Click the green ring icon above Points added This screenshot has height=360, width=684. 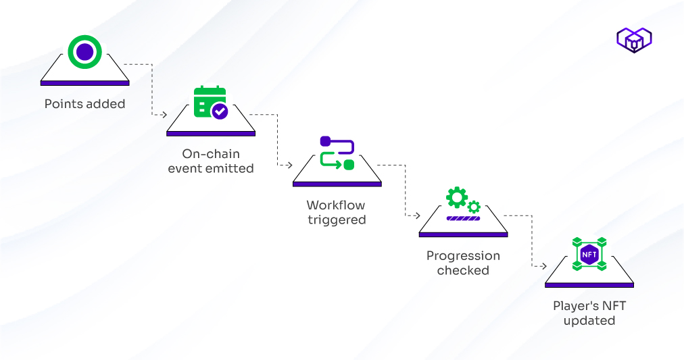[x=84, y=52]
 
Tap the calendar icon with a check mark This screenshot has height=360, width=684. [x=210, y=102]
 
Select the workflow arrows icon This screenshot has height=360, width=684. [x=337, y=153]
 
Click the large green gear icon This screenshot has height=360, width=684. [x=457, y=197]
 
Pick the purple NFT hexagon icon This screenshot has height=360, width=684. [x=589, y=255]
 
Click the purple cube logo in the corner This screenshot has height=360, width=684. [x=633, y=41]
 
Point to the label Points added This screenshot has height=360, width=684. [x=84, y=104]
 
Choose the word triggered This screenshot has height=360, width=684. [x=337, y=220]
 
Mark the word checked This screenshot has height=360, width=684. [x=463, y=270]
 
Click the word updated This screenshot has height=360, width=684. [x=589, y=320]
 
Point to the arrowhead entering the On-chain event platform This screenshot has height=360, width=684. [x=163, y=115]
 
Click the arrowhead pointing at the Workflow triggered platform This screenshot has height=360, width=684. [x=289, y=165]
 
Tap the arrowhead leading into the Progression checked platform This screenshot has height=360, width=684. [x=415, y=216]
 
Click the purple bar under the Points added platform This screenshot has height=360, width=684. [x=84, y=83]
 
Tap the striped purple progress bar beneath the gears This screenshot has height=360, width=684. [x=463, y=218]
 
